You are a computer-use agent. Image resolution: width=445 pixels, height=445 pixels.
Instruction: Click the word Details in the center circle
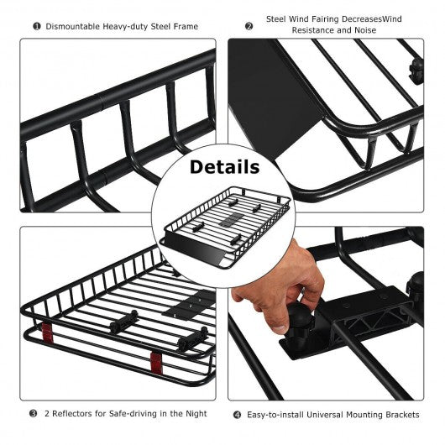pos(224,167)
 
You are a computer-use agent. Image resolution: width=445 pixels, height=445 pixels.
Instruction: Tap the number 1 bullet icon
pos(37,27)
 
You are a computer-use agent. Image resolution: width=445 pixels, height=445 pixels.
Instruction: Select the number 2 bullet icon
pos(249,26)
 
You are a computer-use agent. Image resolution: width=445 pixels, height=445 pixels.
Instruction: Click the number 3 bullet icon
pos(34,413)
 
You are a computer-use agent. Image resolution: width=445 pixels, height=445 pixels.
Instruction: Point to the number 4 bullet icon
pos(237,415)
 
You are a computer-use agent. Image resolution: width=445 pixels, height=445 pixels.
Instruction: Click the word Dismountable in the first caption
pos(72,26)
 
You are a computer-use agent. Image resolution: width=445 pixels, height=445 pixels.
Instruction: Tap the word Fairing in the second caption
pos(325,19)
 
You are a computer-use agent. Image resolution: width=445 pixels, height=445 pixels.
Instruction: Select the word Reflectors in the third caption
pos(72,413)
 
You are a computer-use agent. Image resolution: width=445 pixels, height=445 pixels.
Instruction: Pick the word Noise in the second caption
pos(365,30)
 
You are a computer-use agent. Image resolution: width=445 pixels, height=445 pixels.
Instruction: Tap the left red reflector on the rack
pos(47,332)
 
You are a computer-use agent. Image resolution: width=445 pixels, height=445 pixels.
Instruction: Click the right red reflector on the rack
pos(156,364)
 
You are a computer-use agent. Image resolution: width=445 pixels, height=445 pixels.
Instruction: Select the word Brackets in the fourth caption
pos(402,415)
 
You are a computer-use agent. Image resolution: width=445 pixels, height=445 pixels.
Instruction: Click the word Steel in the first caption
pos(160,26)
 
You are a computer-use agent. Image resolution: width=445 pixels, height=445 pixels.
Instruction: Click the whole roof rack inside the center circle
pos(225,227)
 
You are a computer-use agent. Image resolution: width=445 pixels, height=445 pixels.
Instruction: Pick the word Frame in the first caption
pos(186,26)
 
